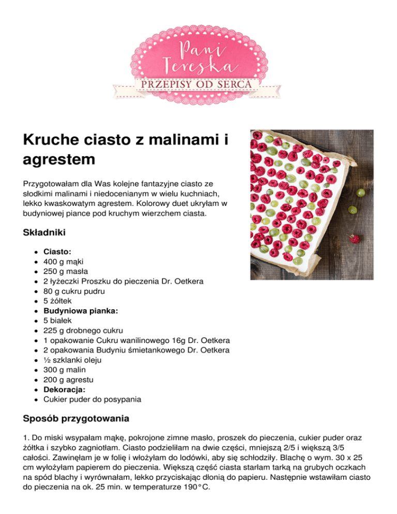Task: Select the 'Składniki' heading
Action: coord(43,233)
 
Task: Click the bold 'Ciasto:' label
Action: coord(57,252)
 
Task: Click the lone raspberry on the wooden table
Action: coord(354,239)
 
